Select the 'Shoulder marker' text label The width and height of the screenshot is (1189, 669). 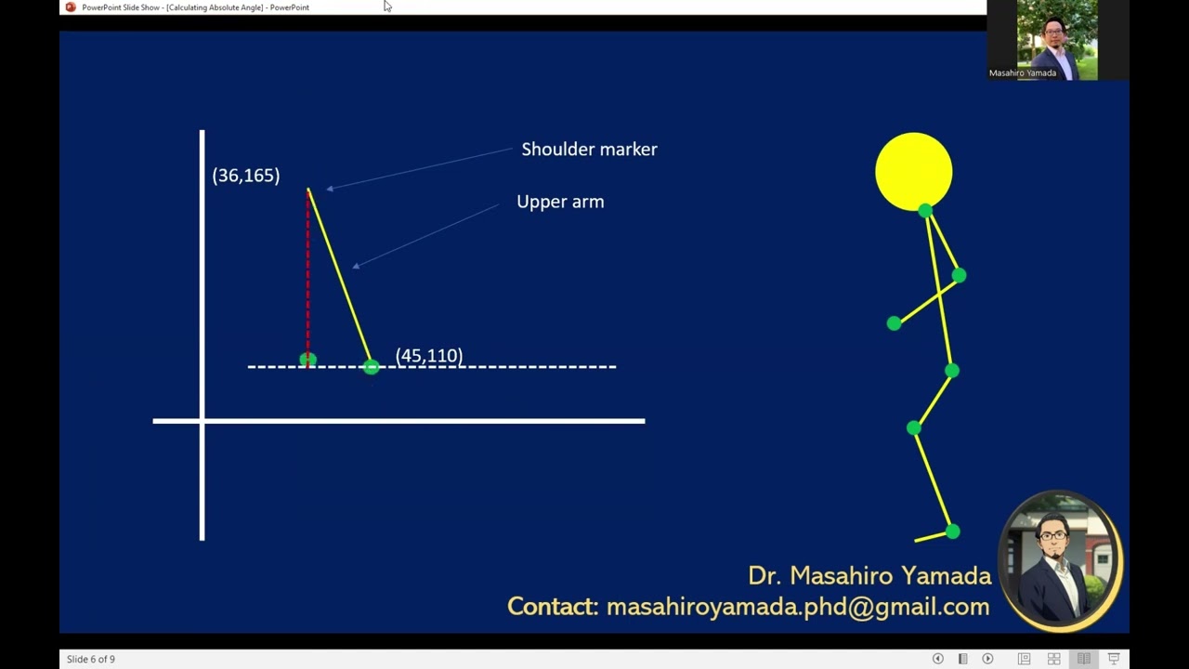pos(589,150)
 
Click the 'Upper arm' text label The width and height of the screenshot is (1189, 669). pos(560,202)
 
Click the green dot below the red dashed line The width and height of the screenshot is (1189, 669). pos(307,360)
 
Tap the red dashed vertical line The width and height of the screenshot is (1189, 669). pos(307,279)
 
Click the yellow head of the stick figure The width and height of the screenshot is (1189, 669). pos(913,170)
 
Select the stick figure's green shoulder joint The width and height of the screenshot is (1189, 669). pos(925,211)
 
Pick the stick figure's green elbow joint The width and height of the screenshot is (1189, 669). pos(959,275)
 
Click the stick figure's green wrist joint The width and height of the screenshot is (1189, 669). pos(894,323)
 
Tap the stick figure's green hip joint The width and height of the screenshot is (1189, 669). pos(951,371)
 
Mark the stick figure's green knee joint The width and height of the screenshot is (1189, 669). pos(914,427)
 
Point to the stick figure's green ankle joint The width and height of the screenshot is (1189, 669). pos(952,531)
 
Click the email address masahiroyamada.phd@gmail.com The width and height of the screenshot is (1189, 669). pos(797,608)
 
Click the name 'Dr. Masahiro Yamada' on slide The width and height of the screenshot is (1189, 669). pos(869,576)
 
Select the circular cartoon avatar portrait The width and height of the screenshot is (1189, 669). pos(1060,560)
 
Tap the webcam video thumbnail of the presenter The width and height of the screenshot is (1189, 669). pos(1057,39)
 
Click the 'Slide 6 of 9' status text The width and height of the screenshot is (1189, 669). pos(91,660)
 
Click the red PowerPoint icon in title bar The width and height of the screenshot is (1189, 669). pos(71,7)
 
